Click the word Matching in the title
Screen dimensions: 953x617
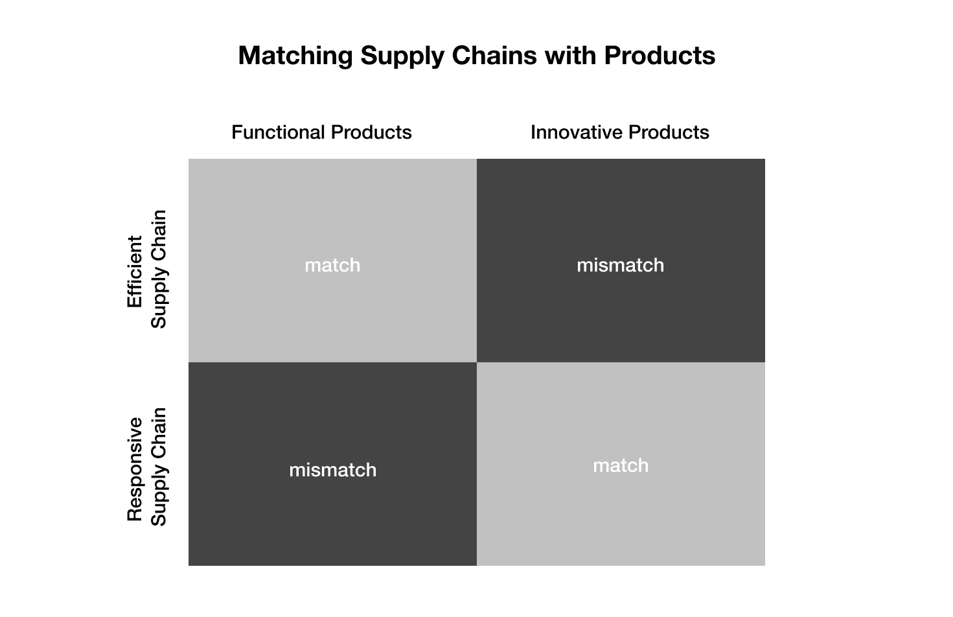(x=295, y=56)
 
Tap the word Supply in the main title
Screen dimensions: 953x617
(x=402, y=56)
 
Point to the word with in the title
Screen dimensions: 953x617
(x=571, y=55)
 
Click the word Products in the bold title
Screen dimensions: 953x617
(x=660, y=55)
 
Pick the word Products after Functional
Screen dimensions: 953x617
(x=371, y=132)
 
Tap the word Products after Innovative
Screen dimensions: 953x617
(x=669, y=132)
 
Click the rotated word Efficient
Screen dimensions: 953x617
(x=135, y=272)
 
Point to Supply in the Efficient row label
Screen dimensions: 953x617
(x=159, y=298)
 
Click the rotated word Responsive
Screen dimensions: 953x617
(x=135, y=469)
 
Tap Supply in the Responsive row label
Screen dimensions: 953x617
(x=159, y=496)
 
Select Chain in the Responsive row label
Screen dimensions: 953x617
(x=158, y=433)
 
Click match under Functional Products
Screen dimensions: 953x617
(x=332, y=266)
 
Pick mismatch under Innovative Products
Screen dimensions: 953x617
(x=620, y=266)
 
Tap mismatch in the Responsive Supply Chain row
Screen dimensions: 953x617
(x=333, y=470)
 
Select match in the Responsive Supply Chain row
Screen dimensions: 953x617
(x=621, y=465)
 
